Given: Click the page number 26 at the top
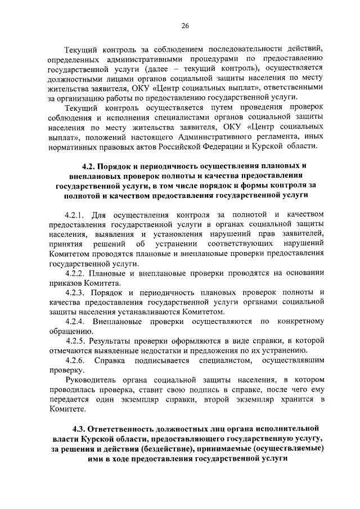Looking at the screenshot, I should coord(184,25).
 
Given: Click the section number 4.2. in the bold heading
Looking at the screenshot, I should coord(88,166).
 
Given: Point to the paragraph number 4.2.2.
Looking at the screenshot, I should coord(74,273).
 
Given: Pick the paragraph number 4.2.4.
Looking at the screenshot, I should coord(74,321).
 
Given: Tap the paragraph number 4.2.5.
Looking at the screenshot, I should coord(75,341).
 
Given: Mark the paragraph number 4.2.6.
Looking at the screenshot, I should coord(74,361).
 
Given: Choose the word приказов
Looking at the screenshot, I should coord(65,283).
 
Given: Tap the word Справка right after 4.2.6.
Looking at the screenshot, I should coord(111,361).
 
